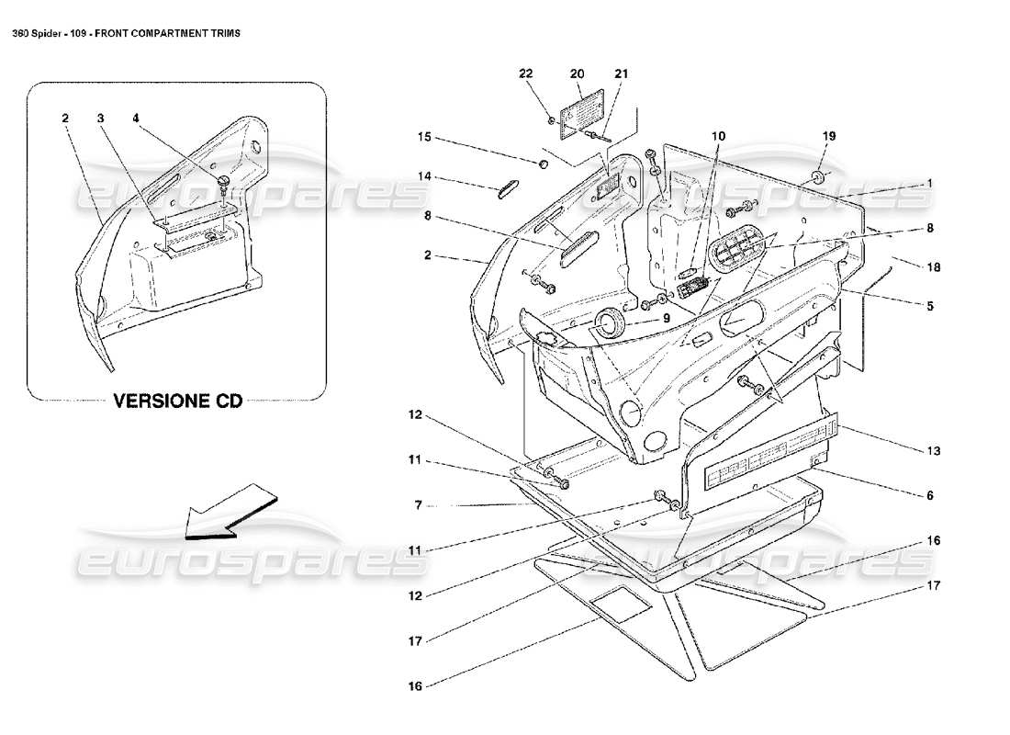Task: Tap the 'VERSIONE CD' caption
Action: (176, 402)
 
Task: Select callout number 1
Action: (929, 184)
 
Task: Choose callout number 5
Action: (929, 306)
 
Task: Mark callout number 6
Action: (929, 495)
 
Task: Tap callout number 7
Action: (417, 504)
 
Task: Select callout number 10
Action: (717, 136)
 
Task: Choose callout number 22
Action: (524, 73)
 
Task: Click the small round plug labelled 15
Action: (542, 164)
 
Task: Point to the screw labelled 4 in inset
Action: (223, 182)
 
